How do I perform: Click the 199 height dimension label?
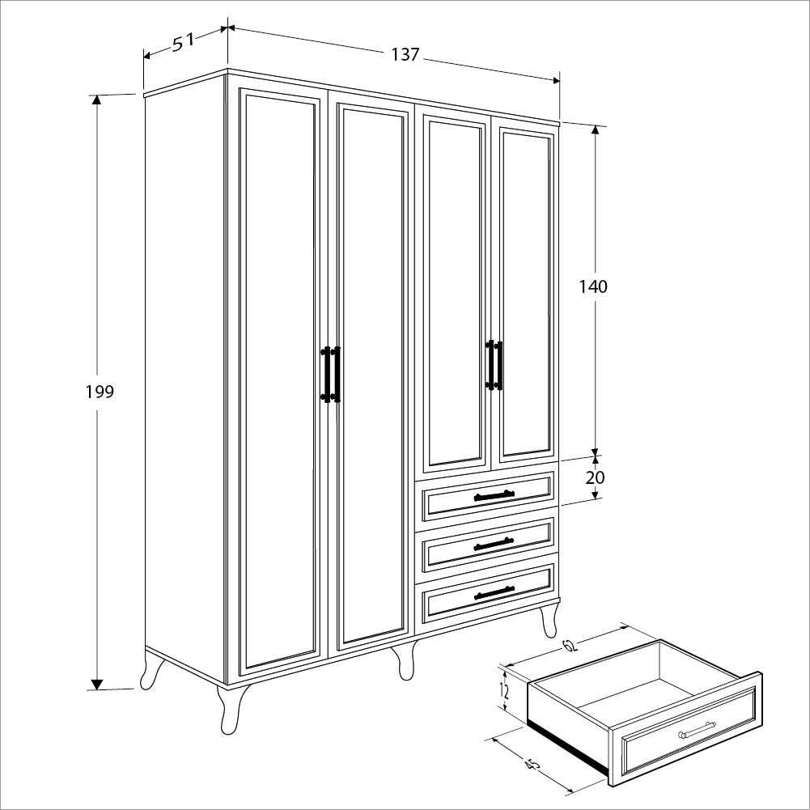click(100, 392)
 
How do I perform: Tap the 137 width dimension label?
click(405, 54)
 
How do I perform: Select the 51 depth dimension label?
click(183, 41)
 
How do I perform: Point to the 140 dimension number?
click(593, 286)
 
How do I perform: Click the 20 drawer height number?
click(595, 477)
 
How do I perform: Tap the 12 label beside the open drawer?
click(504, 691)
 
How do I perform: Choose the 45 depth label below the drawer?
click(532, 765)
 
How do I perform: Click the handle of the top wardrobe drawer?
click(494, 495)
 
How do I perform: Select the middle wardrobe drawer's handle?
click(494, 544)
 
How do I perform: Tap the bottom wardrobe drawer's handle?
click(494, 592)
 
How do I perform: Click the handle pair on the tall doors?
click(331, 374)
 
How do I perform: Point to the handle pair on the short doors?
click(494, 365)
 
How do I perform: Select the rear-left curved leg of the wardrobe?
click(152, 669)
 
